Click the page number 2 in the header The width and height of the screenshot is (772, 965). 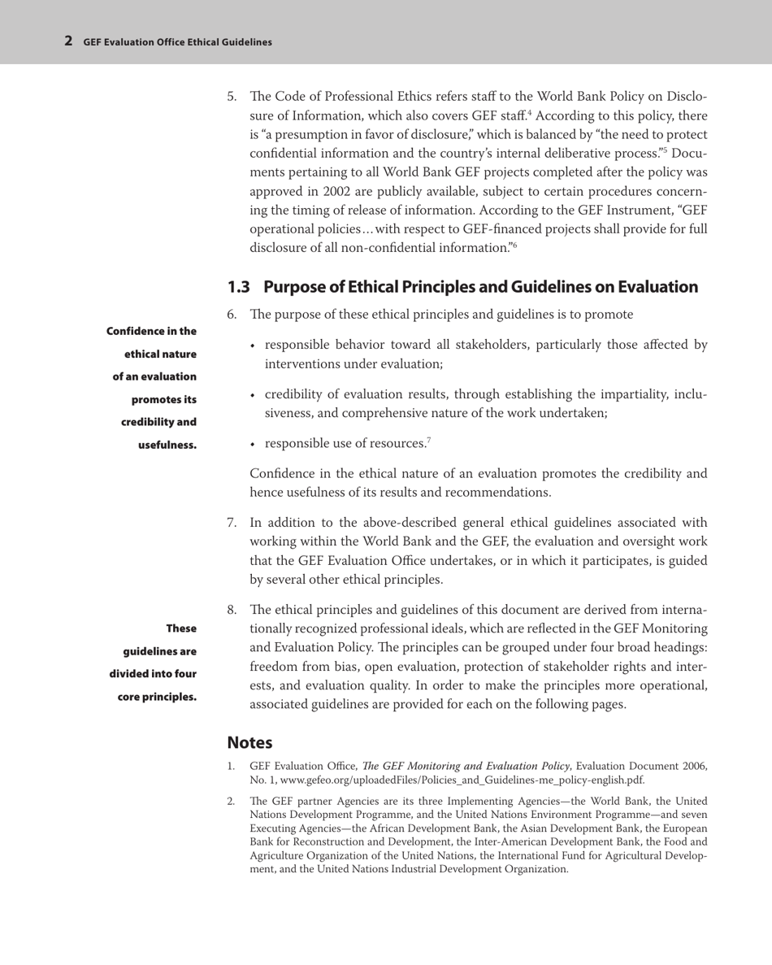tap(70, 40)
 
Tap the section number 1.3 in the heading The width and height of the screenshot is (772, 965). tap(240, 287)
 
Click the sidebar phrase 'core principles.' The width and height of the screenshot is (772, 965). tap(156, 696)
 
